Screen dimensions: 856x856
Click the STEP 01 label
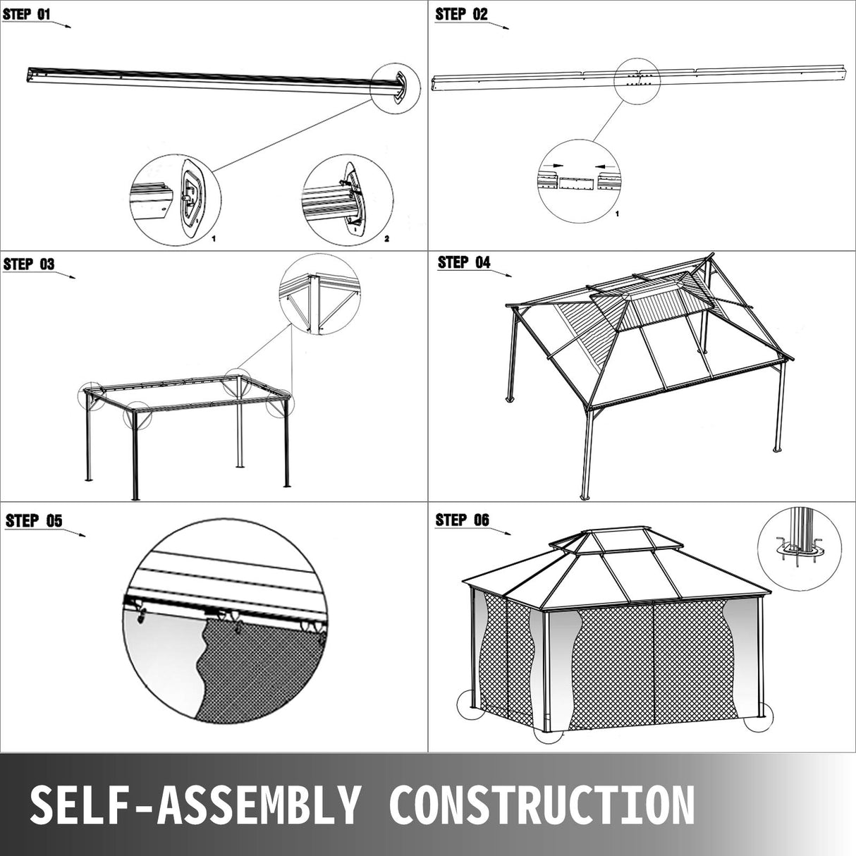coord(29,13)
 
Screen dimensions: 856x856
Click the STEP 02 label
coord(462,14)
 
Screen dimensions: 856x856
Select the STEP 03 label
coord(29,264)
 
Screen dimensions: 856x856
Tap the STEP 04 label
coord(464,262)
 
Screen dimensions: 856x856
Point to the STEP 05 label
coord(34,521)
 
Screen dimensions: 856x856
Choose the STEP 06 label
coord(462,520)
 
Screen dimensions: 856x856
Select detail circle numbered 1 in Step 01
coord(174,201)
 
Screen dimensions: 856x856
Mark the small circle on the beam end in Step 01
coord(398,87)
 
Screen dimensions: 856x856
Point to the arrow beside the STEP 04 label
coord(502,273)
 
